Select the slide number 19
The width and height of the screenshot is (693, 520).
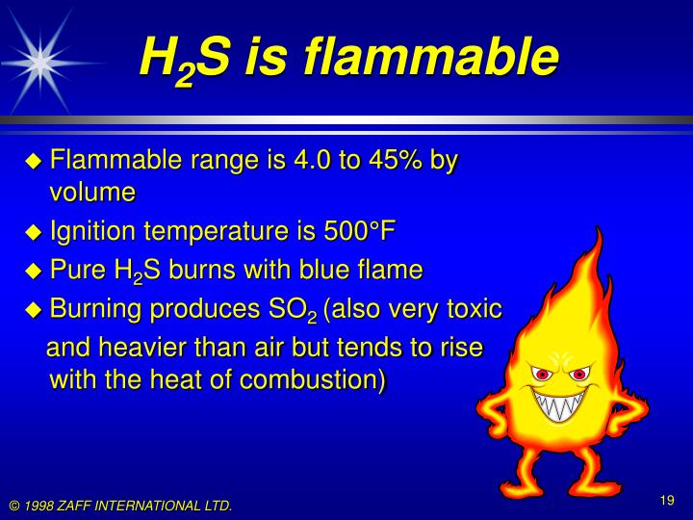click(666, 499)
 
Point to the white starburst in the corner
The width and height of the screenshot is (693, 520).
click(39, 60)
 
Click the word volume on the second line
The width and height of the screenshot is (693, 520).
click(92, 192)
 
